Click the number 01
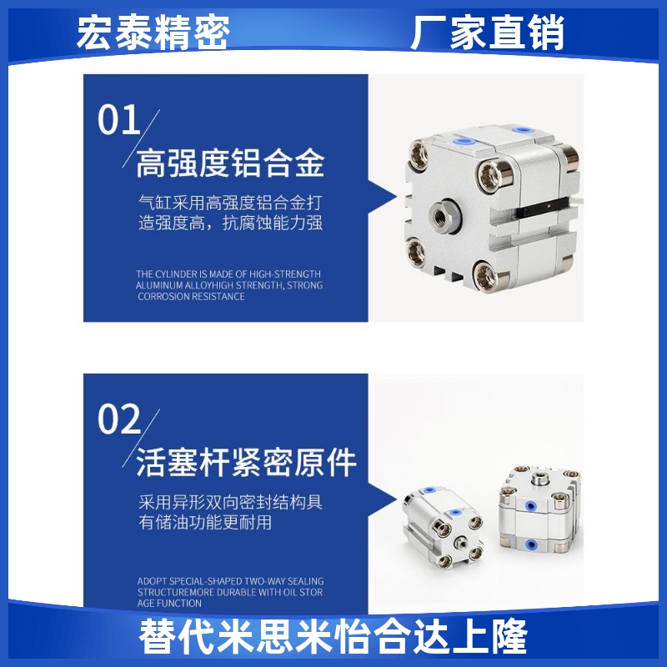pos(119,121)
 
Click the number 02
pos(119,420)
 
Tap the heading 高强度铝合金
pos(229,163)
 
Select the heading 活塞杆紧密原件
pos(246,463)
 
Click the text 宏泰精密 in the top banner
pos(153,33)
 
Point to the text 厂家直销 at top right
pos(488,33)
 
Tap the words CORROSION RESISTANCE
pos(191,297)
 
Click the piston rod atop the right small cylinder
pos(539,479)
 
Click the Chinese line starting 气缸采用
pos(229,203)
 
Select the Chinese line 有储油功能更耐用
pos(205,523)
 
